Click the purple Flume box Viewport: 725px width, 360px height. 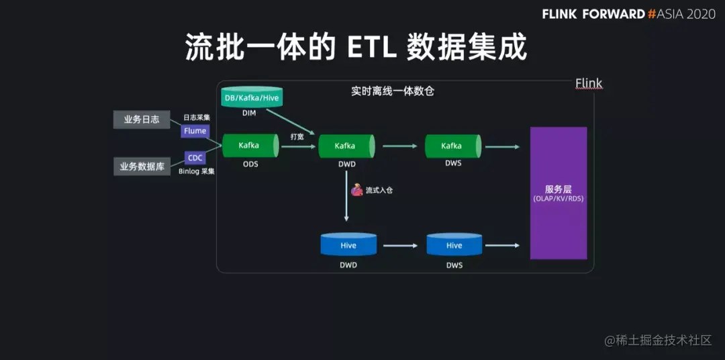pos(195,131)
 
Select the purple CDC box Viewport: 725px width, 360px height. pos(195,158)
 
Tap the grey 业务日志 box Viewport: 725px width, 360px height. pos(142,120)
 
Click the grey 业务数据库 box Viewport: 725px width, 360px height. pos(142,166)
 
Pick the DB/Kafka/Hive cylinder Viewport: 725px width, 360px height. pos(252,98)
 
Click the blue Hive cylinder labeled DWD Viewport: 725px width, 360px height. pos(348,246)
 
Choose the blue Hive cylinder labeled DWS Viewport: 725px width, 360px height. pos(454,246)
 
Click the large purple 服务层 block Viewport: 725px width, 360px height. pos(559,193)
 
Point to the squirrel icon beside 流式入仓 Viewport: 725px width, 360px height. pos(357,190)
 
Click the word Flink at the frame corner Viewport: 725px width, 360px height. pos(589,84)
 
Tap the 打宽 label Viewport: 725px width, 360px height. pos(297,136)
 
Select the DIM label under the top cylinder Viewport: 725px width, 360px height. pos(249,114)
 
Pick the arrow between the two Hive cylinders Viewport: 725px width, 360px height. pos(401,246)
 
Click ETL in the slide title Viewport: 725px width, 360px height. pos(376,48)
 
